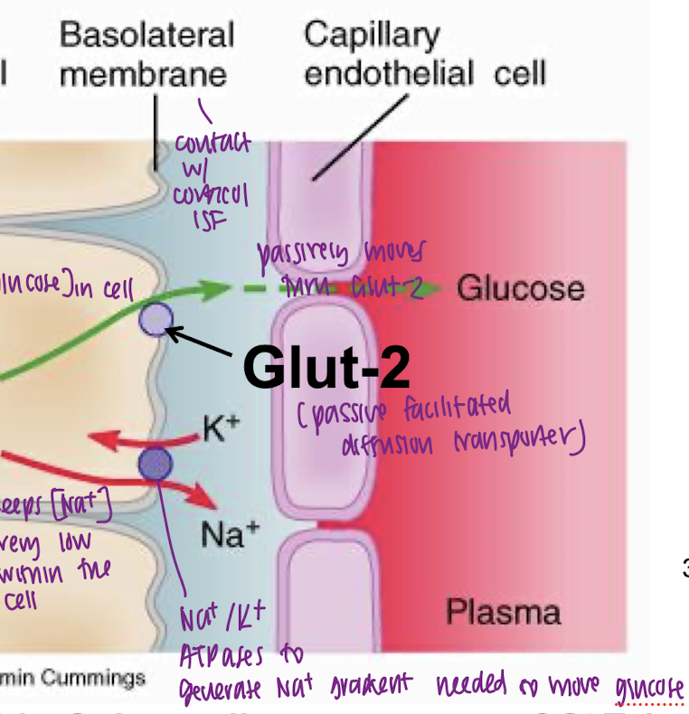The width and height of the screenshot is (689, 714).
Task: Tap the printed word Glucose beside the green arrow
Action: [x=520, y=289]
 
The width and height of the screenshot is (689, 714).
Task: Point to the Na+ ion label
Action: [x=222, y=536]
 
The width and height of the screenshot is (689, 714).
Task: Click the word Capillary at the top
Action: [x=372, y=36]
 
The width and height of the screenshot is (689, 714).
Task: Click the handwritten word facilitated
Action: [x=462, y=408]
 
